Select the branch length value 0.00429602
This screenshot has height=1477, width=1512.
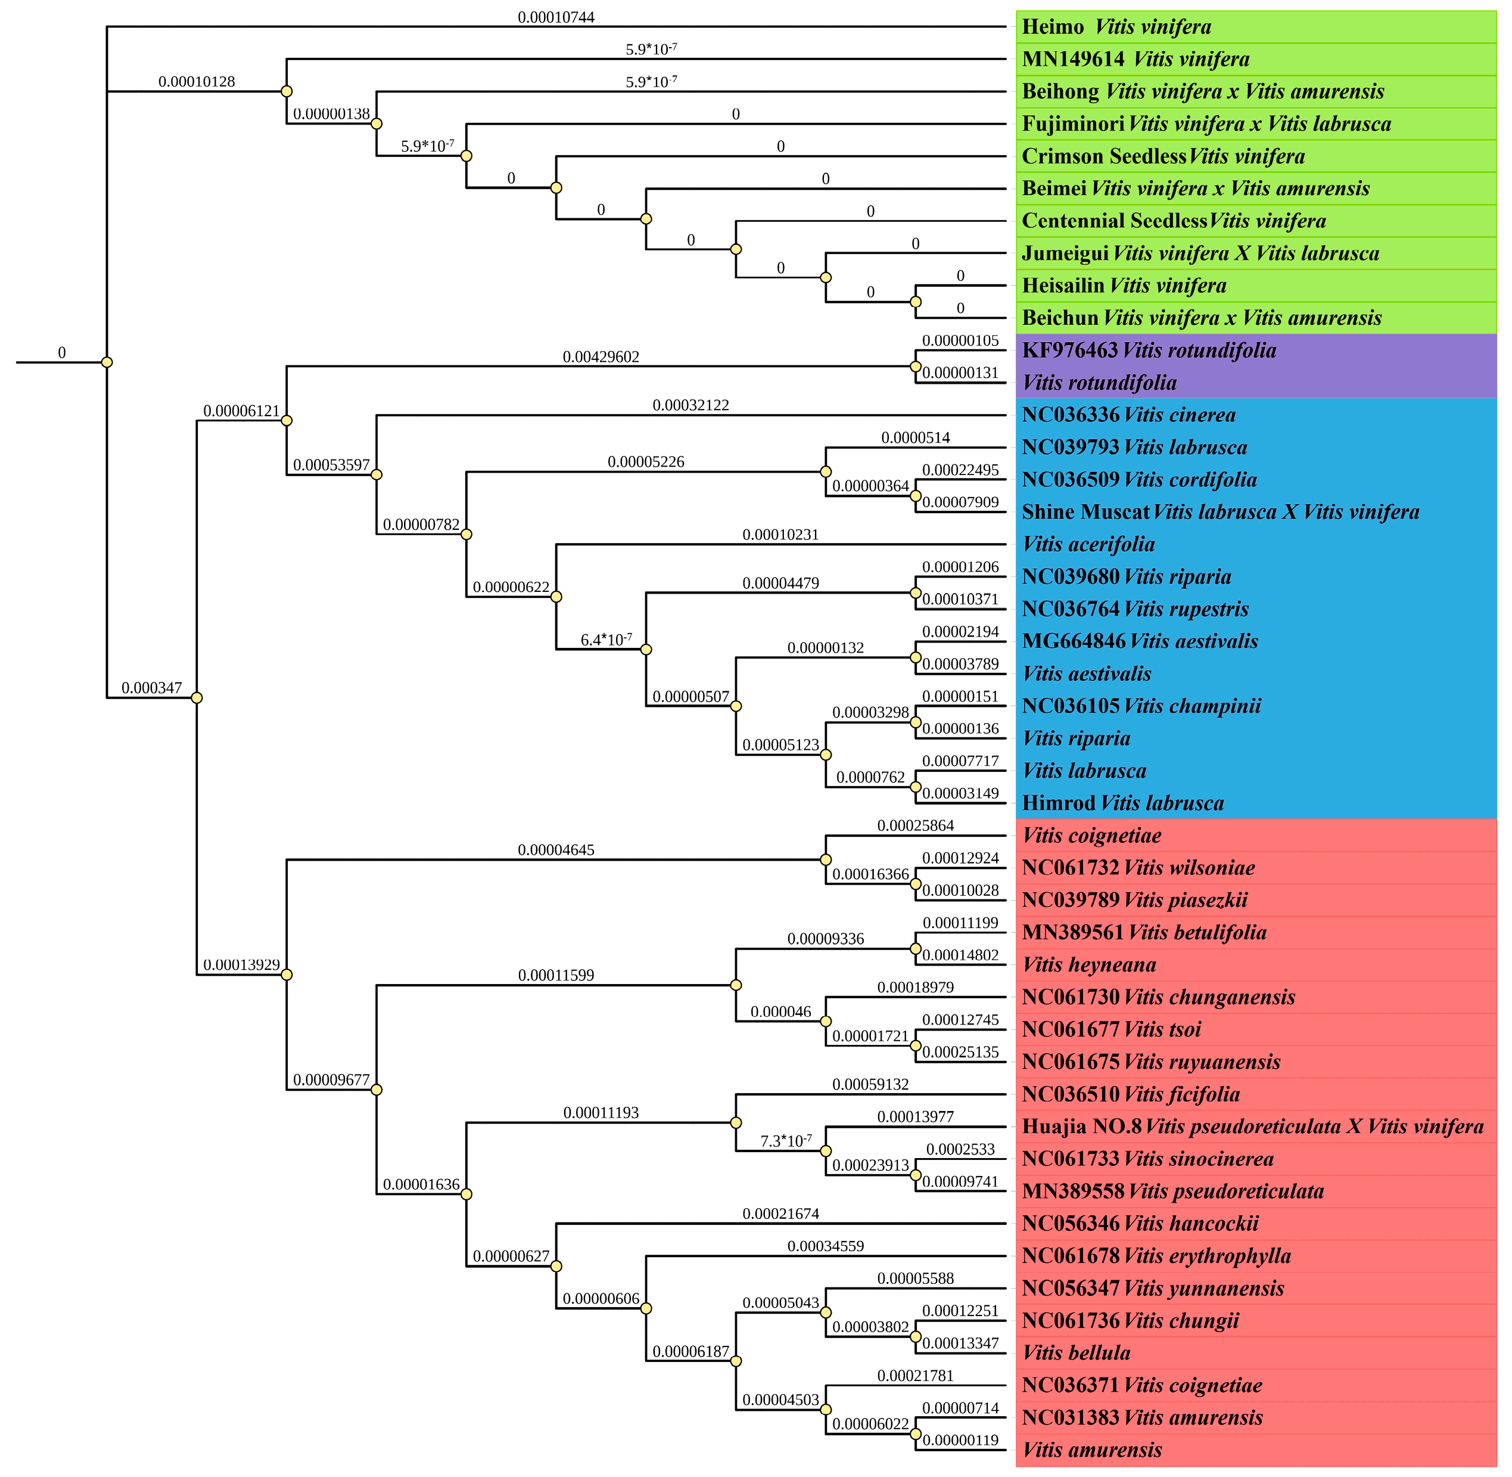601,357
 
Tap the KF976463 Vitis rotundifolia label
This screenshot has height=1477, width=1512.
1149,350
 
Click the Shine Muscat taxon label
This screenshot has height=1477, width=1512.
1219,512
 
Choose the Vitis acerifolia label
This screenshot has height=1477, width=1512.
1088,545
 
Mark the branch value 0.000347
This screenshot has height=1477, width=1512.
151,688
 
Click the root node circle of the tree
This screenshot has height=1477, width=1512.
107,362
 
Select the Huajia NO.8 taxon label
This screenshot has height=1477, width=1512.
1252,1127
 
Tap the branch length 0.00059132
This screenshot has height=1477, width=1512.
870,1084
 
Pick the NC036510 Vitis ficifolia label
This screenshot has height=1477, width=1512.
1131,1094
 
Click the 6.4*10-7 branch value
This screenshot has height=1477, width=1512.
606,640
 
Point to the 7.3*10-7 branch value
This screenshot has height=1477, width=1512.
785,1141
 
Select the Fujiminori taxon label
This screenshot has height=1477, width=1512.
1206,124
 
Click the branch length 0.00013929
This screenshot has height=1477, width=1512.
241,965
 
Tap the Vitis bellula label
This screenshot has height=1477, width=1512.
1077,1353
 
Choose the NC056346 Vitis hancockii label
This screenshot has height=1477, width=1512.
1140,1223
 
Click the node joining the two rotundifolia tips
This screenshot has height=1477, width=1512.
916,366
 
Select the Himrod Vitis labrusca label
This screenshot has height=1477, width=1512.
1123,803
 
